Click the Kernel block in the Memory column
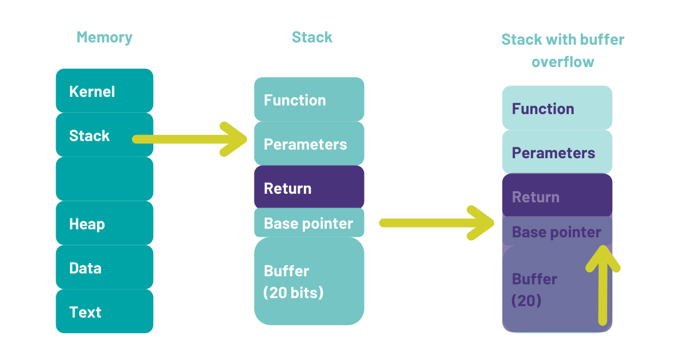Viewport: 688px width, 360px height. click(104, 91)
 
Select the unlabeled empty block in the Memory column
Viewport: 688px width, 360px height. click(104, 179)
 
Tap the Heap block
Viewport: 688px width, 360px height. click(104, 223)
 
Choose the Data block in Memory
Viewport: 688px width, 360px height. click(104, 267)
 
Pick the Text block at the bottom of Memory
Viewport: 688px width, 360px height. click(104, 311)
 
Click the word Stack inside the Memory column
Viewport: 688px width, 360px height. click(89, 136)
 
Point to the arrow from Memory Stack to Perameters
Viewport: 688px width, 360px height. click(190, 139)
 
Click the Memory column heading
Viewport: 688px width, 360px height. click(104, 38)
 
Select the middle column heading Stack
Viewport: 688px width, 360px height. click(312, 37)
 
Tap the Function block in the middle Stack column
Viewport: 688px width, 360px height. click(309, 99)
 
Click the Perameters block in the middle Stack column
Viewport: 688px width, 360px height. click(309, 143)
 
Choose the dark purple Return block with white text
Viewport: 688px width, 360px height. click(309, 187)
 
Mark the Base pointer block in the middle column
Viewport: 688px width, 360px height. click(309, 222)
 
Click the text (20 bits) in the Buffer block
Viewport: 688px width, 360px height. click(294, 292)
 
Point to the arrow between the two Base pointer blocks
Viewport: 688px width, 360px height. click(437, 223)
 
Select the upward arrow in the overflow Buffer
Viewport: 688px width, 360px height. click(603, 285)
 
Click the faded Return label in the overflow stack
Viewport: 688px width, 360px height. click(535, 197)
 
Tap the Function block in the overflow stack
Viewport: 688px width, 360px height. click(557, 108)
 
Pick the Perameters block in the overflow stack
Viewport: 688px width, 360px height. click(557, 152)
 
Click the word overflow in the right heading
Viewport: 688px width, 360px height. click(563, 62)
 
